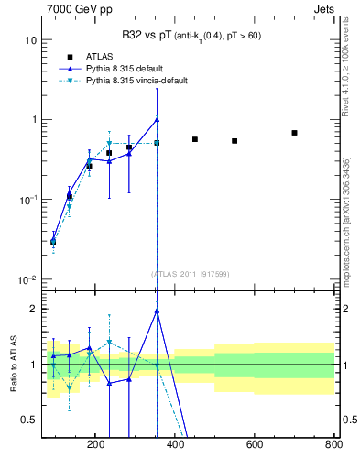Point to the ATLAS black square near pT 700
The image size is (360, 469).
(x=295, y=133)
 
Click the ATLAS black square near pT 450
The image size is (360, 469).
(x=195, y=139)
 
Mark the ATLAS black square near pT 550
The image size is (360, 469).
(x=235, y=141)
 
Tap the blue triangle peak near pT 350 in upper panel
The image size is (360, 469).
(x=158, y=119)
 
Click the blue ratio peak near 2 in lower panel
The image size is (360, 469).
(x=158, y=311)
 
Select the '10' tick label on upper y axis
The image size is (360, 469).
(x=30, y=40)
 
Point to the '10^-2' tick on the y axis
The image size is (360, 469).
(x=27, y=279)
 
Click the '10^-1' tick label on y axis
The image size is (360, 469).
(x=27, y=200)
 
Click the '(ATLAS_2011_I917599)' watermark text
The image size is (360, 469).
(x=190, y=273)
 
